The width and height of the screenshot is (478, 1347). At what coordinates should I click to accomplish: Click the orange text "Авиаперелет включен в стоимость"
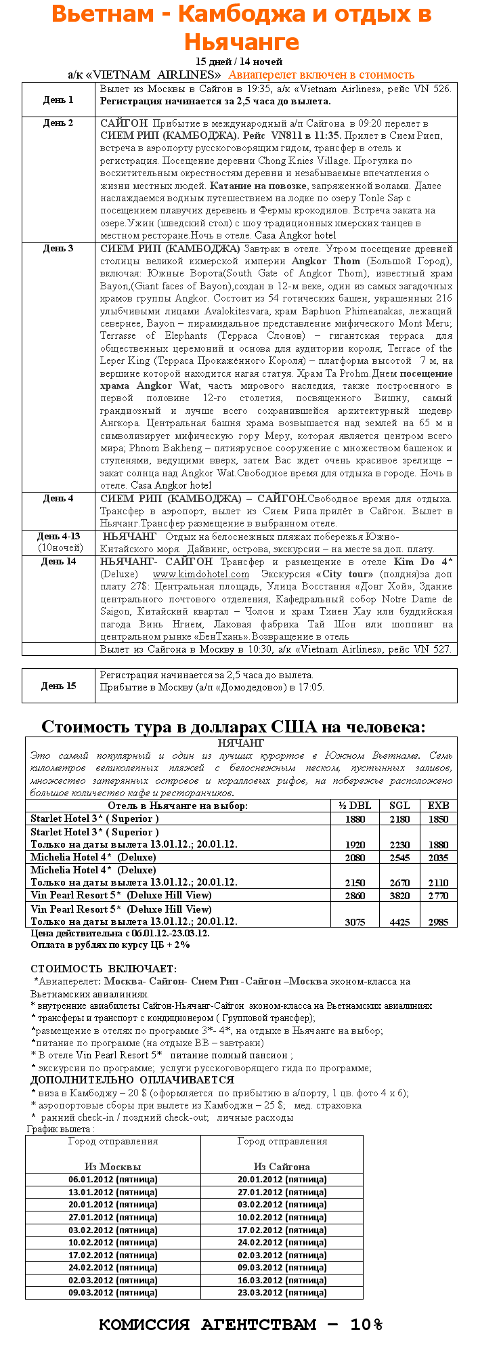(321, 75)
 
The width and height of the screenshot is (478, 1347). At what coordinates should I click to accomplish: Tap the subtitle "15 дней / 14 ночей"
(238, 62)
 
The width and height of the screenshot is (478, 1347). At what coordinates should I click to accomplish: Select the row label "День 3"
(58, 249)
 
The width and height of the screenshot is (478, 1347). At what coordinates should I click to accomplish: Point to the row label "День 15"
(58, 686)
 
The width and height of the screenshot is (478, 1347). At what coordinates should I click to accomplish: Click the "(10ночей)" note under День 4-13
(58, 547)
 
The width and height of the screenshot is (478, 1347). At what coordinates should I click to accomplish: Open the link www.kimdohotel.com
(200, 574)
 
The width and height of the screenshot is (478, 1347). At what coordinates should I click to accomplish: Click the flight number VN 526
(435, 89)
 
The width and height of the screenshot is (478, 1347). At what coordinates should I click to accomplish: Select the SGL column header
(399, 806)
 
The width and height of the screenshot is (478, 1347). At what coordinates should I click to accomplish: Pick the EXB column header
(438, 806)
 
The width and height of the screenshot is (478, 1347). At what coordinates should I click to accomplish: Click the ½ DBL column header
(355, 806)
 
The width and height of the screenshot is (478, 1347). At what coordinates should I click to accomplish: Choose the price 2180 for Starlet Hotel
(399, 819)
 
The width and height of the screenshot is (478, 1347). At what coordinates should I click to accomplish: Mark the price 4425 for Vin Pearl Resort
(399, 921)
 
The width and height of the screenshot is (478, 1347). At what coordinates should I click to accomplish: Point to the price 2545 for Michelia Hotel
(399, 858)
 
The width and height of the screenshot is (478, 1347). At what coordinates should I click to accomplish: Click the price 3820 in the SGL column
(399, 896)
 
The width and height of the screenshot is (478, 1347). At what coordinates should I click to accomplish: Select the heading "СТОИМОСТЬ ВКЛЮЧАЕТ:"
(103, 969)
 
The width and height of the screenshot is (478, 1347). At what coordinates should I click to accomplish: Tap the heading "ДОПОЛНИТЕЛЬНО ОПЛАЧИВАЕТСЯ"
(132, 1080)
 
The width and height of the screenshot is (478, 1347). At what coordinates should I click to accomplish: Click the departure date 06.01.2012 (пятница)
(112, 1179)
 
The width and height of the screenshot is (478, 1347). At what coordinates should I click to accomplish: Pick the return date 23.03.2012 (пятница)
(282, 1291)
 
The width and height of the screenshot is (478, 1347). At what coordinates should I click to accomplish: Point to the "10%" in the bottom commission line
(366, 1325)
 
